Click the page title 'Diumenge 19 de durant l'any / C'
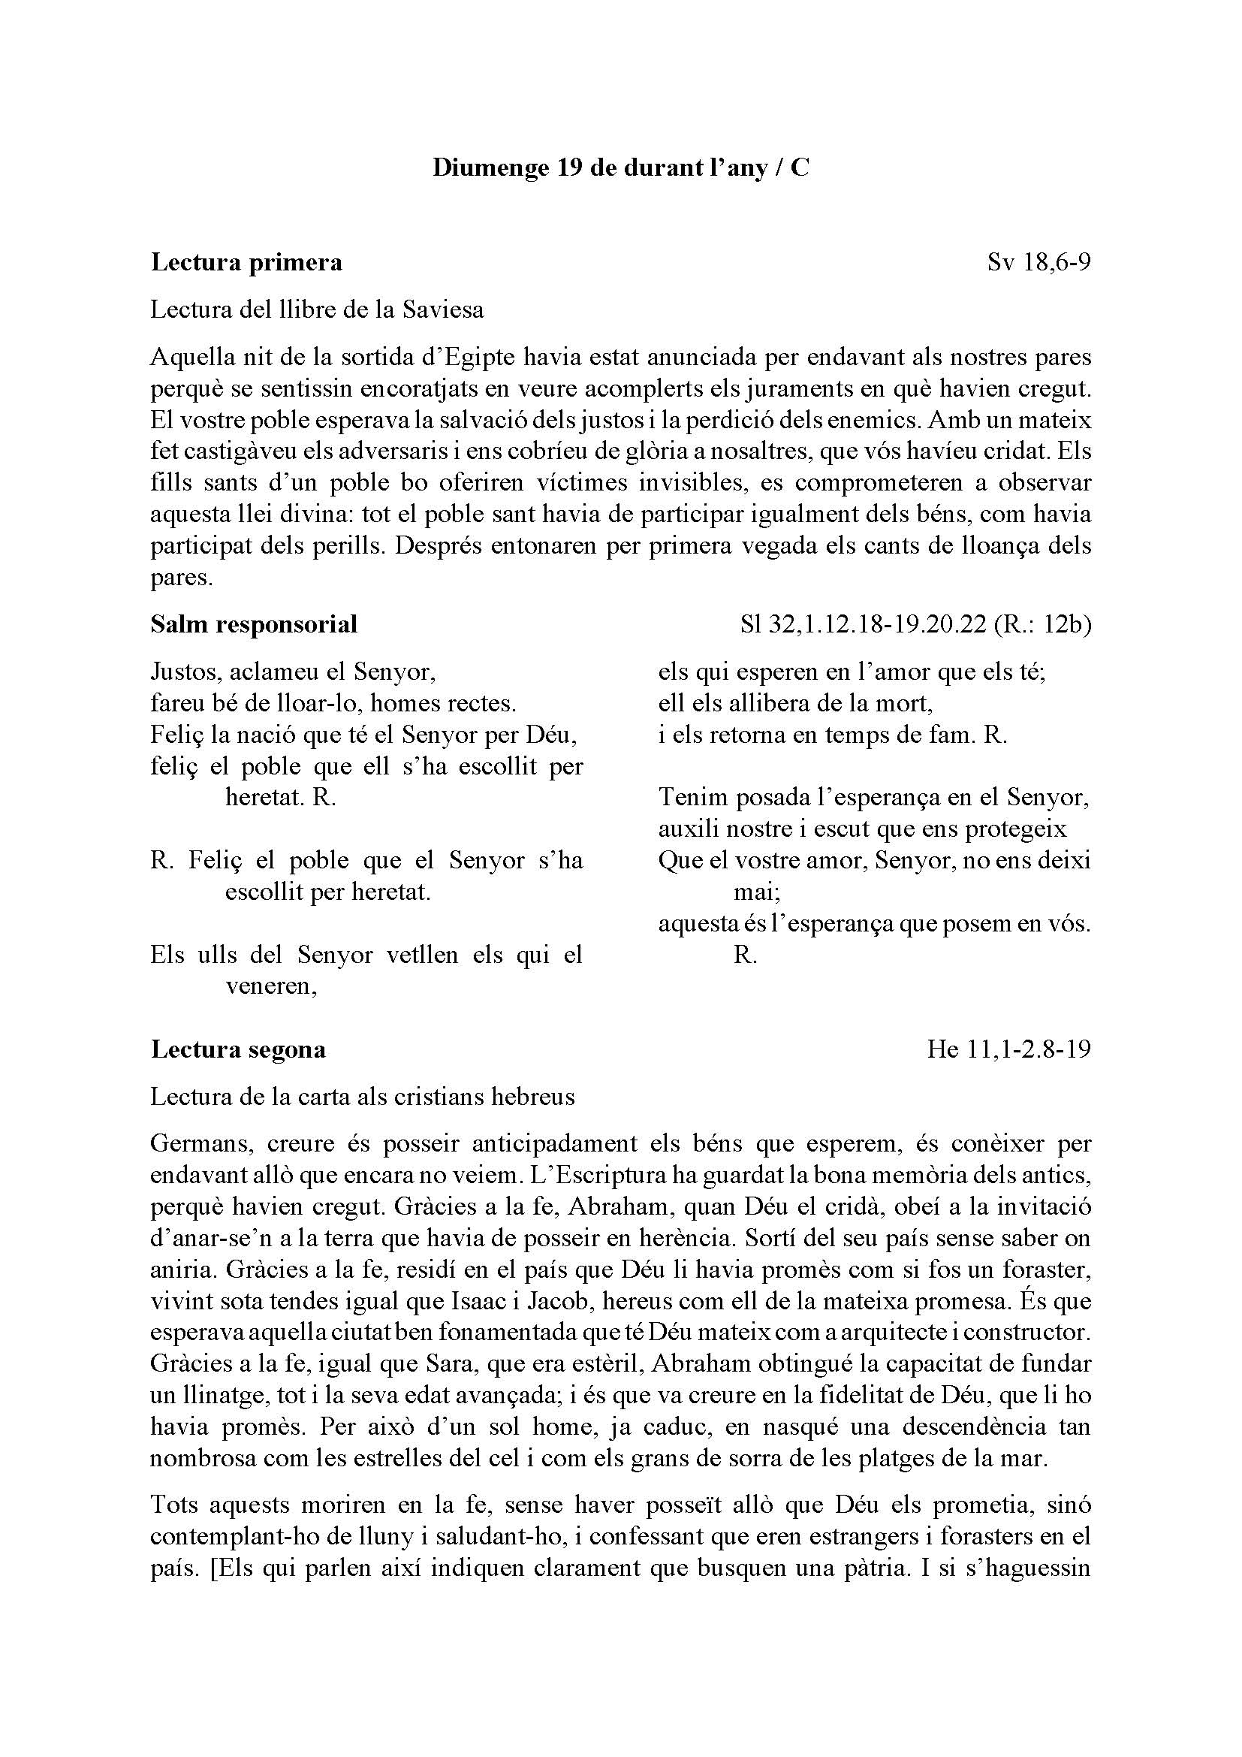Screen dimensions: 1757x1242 620,168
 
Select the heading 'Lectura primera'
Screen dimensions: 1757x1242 246,262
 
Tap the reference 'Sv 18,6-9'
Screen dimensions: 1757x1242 1039,262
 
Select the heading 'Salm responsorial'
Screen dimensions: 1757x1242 254,624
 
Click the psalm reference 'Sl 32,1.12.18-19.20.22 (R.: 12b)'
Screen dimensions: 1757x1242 915,624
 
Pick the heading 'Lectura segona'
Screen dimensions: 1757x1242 238,1049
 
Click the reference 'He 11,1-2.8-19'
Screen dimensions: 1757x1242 1008,1049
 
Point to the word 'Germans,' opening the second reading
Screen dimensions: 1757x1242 202,1143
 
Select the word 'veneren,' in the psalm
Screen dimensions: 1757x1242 272,986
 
